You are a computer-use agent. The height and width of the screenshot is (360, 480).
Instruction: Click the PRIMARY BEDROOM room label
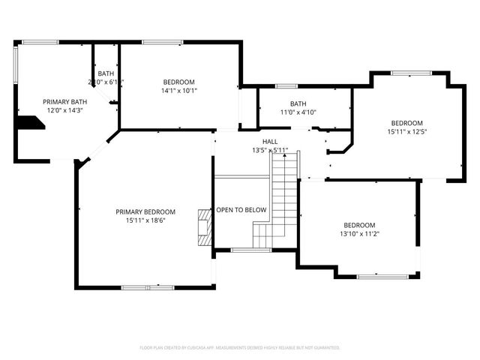tap(145, 211)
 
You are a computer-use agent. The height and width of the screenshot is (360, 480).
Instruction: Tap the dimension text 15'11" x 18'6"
tap(145, 220)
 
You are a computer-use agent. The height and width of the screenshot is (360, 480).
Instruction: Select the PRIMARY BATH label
tap(64, 101)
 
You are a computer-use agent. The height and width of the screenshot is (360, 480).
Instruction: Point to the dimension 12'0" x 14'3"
tap(64, 110)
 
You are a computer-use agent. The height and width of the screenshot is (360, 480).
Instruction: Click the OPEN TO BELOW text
tap(241, 210)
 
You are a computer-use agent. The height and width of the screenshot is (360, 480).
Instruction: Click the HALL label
tap(270, 141)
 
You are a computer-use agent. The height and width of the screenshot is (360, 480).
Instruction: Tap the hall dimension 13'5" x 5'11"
tap(270, 150)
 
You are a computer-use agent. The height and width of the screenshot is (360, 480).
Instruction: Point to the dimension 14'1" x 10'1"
tap(179, 91)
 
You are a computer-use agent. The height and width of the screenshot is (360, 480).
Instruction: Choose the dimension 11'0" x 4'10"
tap(298, 112)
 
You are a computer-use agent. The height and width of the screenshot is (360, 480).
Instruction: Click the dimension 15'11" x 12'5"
tap(406, 131)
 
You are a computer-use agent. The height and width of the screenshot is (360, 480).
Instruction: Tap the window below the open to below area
tap(251, 250)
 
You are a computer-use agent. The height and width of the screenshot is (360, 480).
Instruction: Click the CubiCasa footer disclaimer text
tap(240, 347)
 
